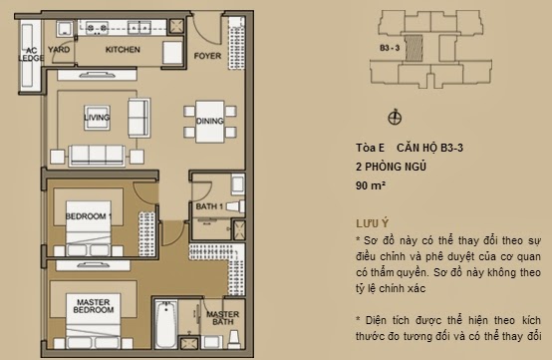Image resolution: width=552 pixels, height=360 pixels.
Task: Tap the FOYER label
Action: [x=207, y=55]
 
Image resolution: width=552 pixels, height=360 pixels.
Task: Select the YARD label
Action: [x=59, y=47]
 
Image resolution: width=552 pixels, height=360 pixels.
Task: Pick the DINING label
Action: [x=208, y=121]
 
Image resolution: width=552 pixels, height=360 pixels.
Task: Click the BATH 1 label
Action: [x=208, y=206]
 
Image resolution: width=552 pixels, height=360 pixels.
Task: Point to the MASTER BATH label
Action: [x=221, y=319]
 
